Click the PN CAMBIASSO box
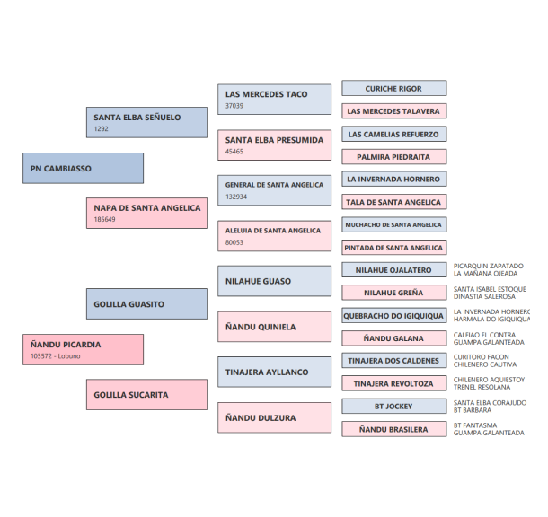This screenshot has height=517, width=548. (x=83, y=168)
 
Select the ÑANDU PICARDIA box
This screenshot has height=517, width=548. (x=83, y=349)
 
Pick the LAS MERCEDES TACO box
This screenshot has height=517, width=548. (x=274, y=99)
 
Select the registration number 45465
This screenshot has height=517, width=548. (x=234, y=152)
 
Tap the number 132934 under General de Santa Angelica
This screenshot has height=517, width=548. (x=236, y=197)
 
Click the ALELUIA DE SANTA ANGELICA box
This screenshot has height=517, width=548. (x=274, y=235)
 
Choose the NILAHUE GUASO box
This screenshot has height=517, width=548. (x=274, y=281)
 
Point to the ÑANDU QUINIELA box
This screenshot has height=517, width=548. (x=274, y=327)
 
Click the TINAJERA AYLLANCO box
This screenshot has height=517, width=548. (x=274, y=372)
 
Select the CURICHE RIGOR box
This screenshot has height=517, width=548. (x=393, y=89)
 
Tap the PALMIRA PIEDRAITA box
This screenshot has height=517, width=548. (x=393, y=157)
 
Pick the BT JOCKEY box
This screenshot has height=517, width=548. (x=393, y=406)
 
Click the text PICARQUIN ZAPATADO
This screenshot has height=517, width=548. (x=488, y=266)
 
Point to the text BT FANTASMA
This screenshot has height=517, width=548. (x=475, y=425)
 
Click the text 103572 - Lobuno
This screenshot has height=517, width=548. (x=56, y=355)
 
